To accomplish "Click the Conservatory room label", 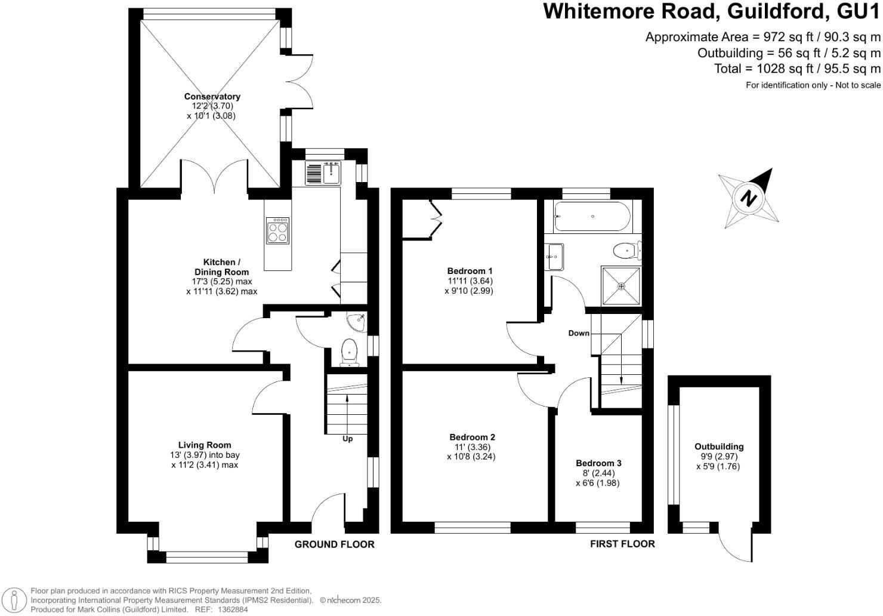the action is tap(212, 97).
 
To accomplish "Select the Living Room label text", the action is tap(205, 445).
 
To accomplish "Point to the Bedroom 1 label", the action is tap(470, 270).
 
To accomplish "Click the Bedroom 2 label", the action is tap(472, 437).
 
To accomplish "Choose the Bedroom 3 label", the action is tap(598, 463).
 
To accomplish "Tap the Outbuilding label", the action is tap(719, 446).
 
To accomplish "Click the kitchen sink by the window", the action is tap(331, 173).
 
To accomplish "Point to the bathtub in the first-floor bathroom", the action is tap(591, 217).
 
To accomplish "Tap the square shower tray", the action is tap(621, 286).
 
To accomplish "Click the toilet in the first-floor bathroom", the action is tap(626, 250).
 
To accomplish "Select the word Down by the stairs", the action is tap(578, 333).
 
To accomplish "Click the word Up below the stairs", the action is tap(347, 439).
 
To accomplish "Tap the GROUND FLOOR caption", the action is tap(335, 544).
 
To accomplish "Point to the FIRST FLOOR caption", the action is tap(622, 544).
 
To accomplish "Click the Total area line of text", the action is tap(797, 69).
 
